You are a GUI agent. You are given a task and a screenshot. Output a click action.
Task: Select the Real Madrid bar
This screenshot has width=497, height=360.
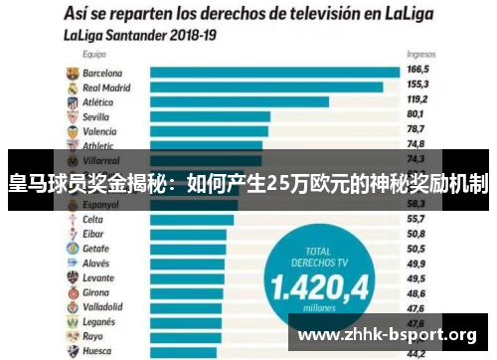pos(265,87)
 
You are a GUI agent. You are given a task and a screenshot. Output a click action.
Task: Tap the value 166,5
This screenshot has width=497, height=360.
pos(417,71)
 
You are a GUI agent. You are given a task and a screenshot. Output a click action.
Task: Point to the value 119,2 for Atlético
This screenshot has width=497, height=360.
pos(417,100)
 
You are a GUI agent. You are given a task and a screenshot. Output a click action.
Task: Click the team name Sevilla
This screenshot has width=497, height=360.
pos(96,115)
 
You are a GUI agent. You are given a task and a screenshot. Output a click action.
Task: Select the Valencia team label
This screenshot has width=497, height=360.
pos(99,130)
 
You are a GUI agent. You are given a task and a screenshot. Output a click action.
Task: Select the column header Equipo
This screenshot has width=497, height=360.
pos(96,56)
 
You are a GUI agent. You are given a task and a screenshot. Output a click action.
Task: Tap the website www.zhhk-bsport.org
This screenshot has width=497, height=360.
pos(388,333)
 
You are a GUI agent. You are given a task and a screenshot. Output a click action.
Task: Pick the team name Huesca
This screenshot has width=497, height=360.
pos(97,350)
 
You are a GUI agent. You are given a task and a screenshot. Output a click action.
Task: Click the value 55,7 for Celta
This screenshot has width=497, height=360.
pos(416,219)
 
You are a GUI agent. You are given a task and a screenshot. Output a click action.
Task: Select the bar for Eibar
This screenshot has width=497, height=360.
pos(190,234)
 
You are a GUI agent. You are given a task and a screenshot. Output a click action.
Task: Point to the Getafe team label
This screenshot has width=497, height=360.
pos(96,249)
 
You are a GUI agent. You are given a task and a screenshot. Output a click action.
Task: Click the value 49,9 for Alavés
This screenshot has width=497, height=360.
pos(416,264)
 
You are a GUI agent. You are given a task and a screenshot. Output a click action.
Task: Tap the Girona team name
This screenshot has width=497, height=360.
pos(96,293)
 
